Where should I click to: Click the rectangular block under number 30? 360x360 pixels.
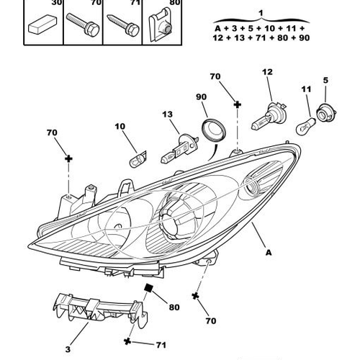[x=42, y=24]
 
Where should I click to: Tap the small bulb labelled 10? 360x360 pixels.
[x=138, y=159]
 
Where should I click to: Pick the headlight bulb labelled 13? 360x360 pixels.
[x=179, y=149]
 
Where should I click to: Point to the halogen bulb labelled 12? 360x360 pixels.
[x=269, y=117]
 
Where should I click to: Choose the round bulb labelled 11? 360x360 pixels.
[x=306, y=126]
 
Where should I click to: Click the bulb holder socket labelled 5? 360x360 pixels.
[x=326, y=113]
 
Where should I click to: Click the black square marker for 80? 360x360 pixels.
[x=149, y=287]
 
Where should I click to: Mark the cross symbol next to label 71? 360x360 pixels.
[x=127, y=341]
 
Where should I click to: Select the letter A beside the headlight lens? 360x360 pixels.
[x=269, y=253]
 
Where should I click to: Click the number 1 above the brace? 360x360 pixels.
[x=261, y=13]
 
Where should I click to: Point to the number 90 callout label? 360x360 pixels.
[x=201, y=97]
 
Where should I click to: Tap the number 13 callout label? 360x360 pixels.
[x=167, y=114]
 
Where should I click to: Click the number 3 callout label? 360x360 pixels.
[x=68, y=349]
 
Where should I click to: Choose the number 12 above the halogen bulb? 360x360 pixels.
[x=267, y=72]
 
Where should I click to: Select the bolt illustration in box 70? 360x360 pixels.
[x=83, y=24]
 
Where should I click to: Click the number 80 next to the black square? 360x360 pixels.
[x=174, y=307]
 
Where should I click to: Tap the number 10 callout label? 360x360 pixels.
[x=120, y=127]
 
